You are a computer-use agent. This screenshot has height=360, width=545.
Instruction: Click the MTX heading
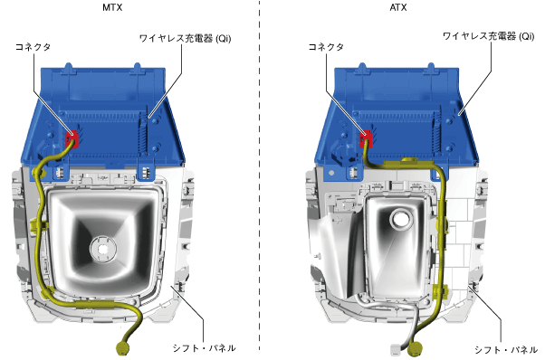click(112, 7)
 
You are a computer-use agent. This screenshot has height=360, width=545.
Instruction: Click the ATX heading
click(398, 7)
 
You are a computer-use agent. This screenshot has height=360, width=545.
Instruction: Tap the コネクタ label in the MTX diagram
click(33, 47)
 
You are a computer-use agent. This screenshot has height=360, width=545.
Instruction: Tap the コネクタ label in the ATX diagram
click(326, 47)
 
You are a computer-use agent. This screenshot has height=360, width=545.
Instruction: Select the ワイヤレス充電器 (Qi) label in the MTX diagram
click(185, 38)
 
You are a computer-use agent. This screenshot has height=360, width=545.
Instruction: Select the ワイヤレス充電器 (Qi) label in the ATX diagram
click(488, 36)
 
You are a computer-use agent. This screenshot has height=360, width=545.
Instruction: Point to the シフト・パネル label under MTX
click(204, 348)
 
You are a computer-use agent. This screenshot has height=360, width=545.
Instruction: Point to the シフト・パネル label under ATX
click(506, 349)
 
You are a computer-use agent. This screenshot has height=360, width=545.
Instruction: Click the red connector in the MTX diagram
click(72, 139)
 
